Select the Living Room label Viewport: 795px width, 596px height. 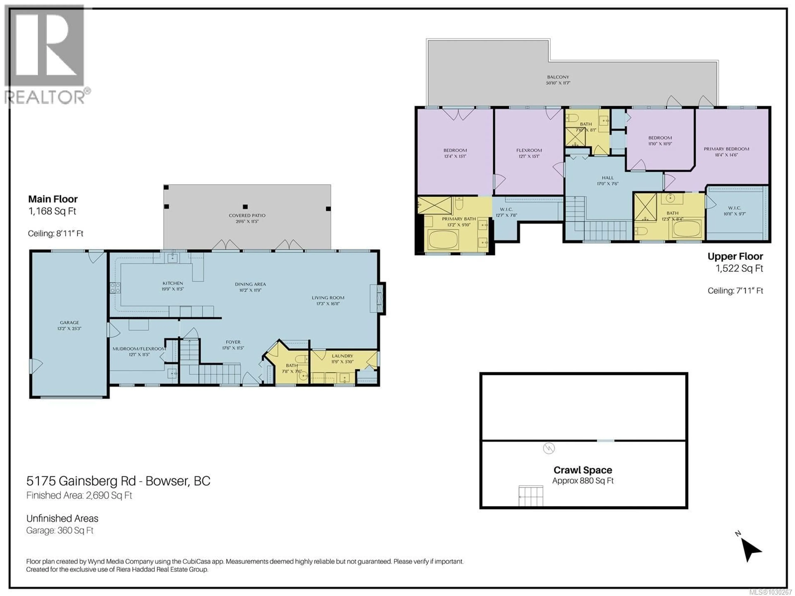coord(328,297)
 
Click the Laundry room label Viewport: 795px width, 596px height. coord(342,356)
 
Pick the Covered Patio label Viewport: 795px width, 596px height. coord(247,216)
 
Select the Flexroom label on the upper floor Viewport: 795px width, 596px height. coord(529,150)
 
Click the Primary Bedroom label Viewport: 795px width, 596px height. coord(726,149)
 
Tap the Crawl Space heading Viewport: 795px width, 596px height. coord(583,470)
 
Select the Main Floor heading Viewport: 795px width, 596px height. coord(53,199)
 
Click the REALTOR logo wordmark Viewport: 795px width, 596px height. coord(45,97)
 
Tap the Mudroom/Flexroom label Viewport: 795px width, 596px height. coord(139,348)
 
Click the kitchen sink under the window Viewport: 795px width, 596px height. coord(172,258)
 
